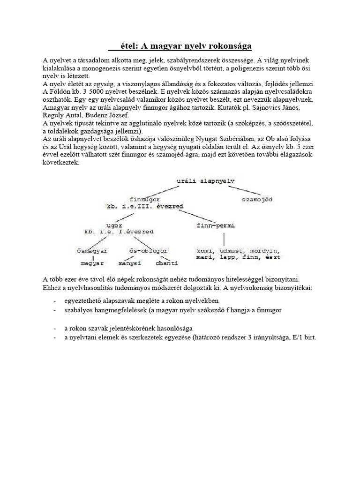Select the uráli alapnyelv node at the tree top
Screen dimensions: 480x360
[x=206, y=180]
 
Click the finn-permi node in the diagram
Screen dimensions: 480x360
[x=213, y=225]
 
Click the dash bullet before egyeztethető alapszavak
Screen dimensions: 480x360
[x=55, y=300]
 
